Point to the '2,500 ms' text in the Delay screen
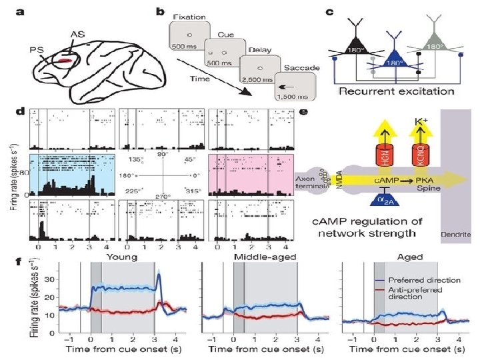click(x=258, y=79)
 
